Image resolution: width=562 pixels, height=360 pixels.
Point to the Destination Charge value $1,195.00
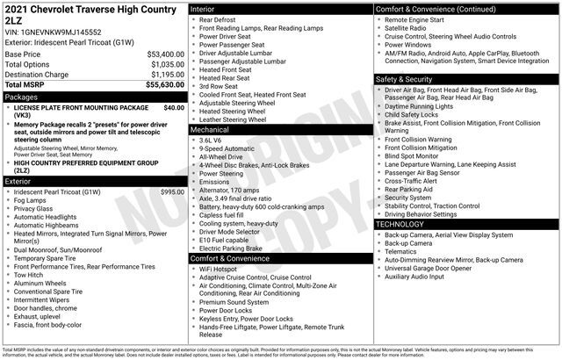162,75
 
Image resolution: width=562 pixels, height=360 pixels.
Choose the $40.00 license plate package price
174,107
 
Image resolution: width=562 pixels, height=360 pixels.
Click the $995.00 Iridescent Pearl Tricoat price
172,191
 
